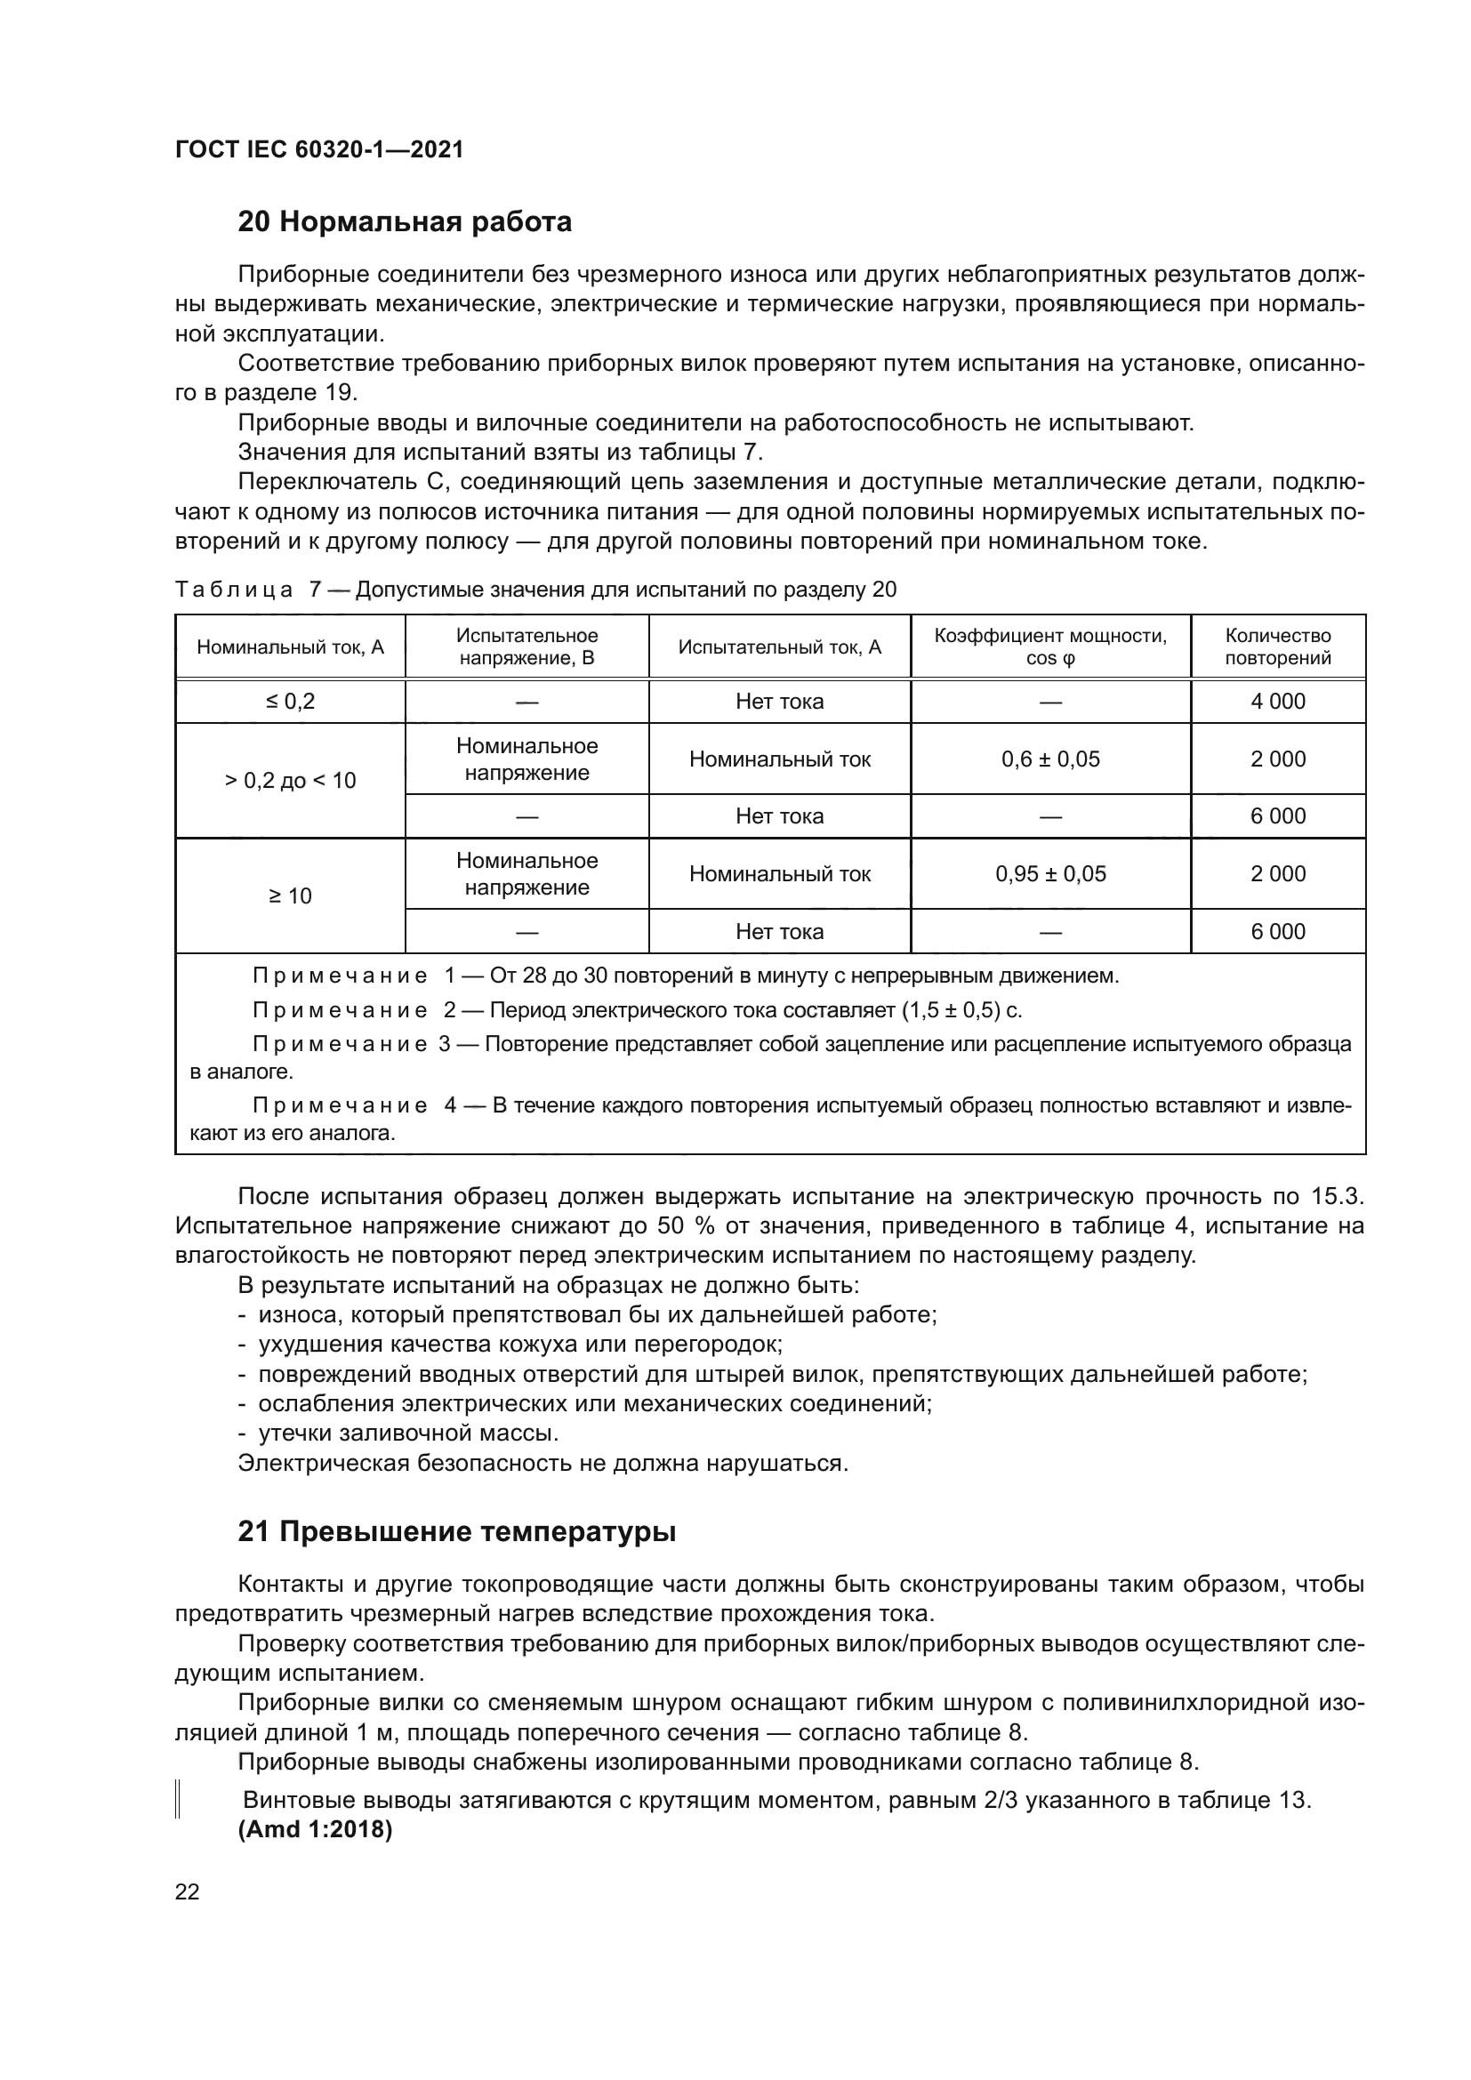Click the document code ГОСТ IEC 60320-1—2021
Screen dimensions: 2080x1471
[x=319, y=149]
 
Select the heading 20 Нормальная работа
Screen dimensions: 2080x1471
[x=404, y=221]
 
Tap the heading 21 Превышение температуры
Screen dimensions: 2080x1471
[x=456, y=1531]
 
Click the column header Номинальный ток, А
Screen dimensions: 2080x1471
[x=290, y=646]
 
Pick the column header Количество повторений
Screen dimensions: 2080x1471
[x=1277, y=646]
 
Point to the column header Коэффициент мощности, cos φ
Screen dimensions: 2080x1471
[x=1049, y=646]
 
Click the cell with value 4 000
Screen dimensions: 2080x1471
[x=1277, y=701]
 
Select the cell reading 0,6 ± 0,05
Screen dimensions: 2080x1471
[x=1049, y=759]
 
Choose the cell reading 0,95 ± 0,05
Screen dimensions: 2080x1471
[x=1049, y=874]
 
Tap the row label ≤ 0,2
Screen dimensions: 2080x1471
[x=290, y=701]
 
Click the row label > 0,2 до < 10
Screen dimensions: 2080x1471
[x=290, y=781]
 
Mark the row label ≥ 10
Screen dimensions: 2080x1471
[x=290, y=896]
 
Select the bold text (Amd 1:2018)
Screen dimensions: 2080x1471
[x=314, y=1830]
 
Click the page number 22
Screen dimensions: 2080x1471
[x=187, y=1892]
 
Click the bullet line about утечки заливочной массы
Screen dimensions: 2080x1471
[x=407, y=1434]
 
